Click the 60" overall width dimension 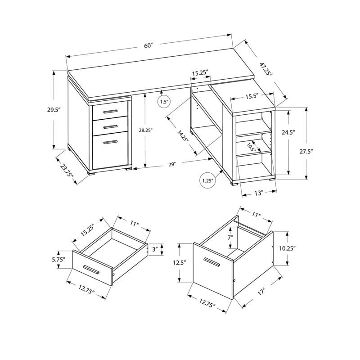pyautogui.click(x=149, y=45)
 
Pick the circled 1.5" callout pyautogui.click(x=164, y=102)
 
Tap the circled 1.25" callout pyautogui.click(x=207, y=181)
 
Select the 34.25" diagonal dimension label pyautogui.click(x=182, y=135)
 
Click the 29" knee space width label pyautogui.click(x=172, y=165)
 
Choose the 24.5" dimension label pyautogui.click(x=288, y=133)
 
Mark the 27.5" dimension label pyautogui.click(x=306, y=152)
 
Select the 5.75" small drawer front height pyautogui.click(x=58, y=259)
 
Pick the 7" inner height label pyautogui.click(x=230, y=237)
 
